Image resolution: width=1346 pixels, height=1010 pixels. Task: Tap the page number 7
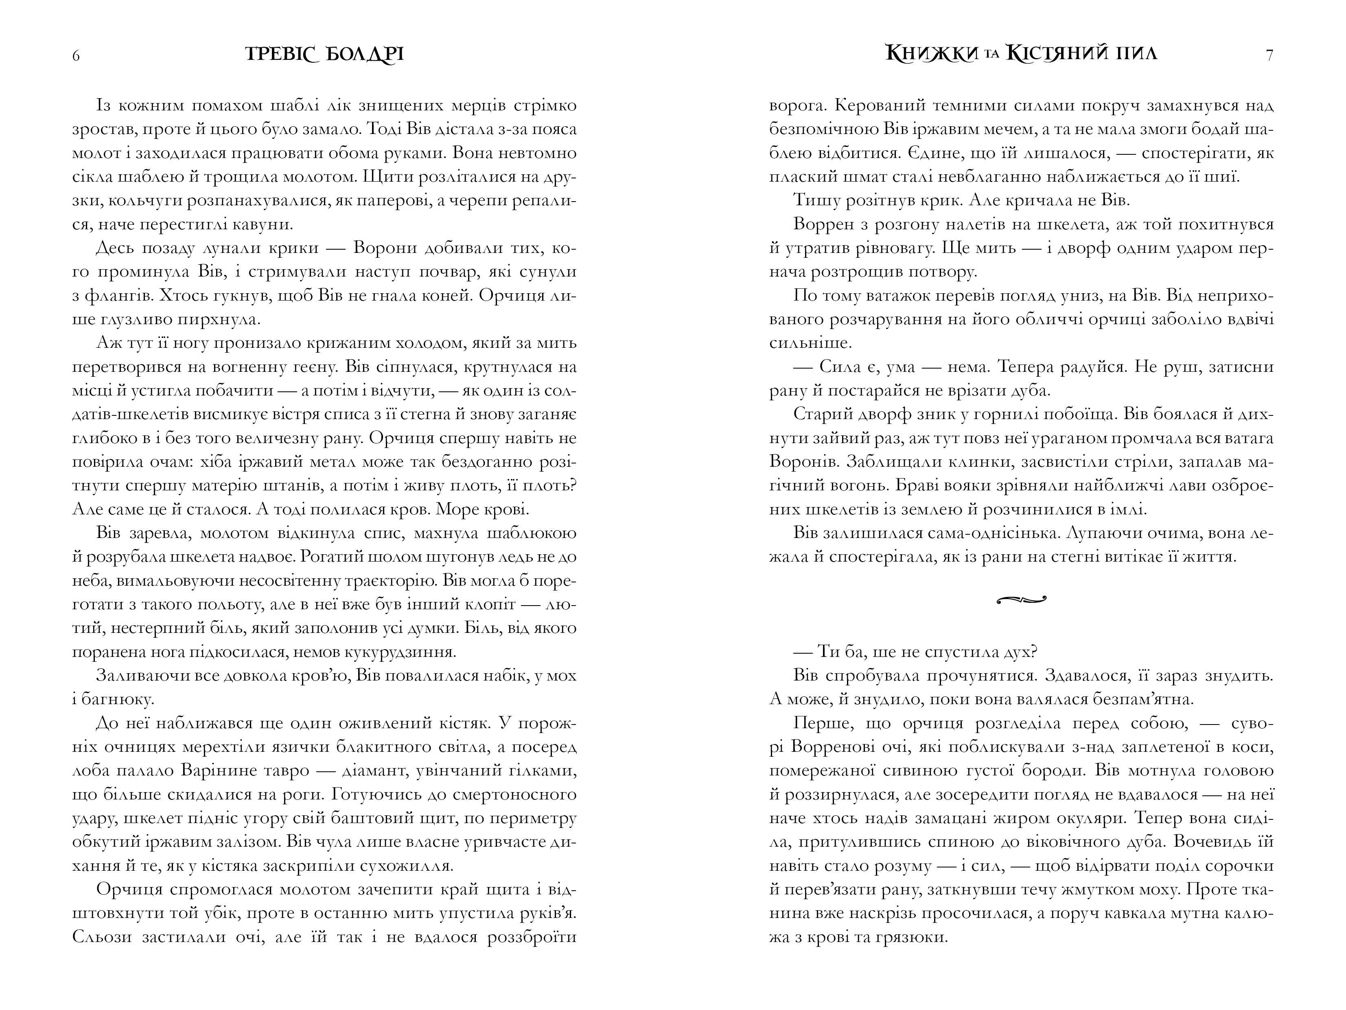pos(1269,55)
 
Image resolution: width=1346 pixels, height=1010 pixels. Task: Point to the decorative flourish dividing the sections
pos(1021,600)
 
